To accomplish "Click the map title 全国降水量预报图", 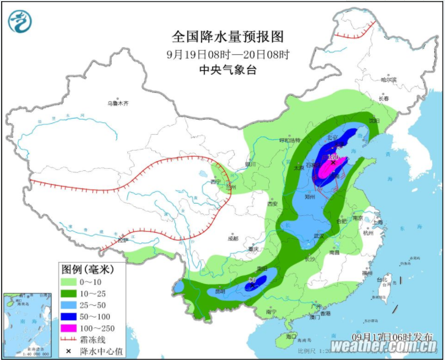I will [227, 36].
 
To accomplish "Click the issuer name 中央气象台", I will [227, 69].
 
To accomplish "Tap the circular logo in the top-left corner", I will [19, 20].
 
